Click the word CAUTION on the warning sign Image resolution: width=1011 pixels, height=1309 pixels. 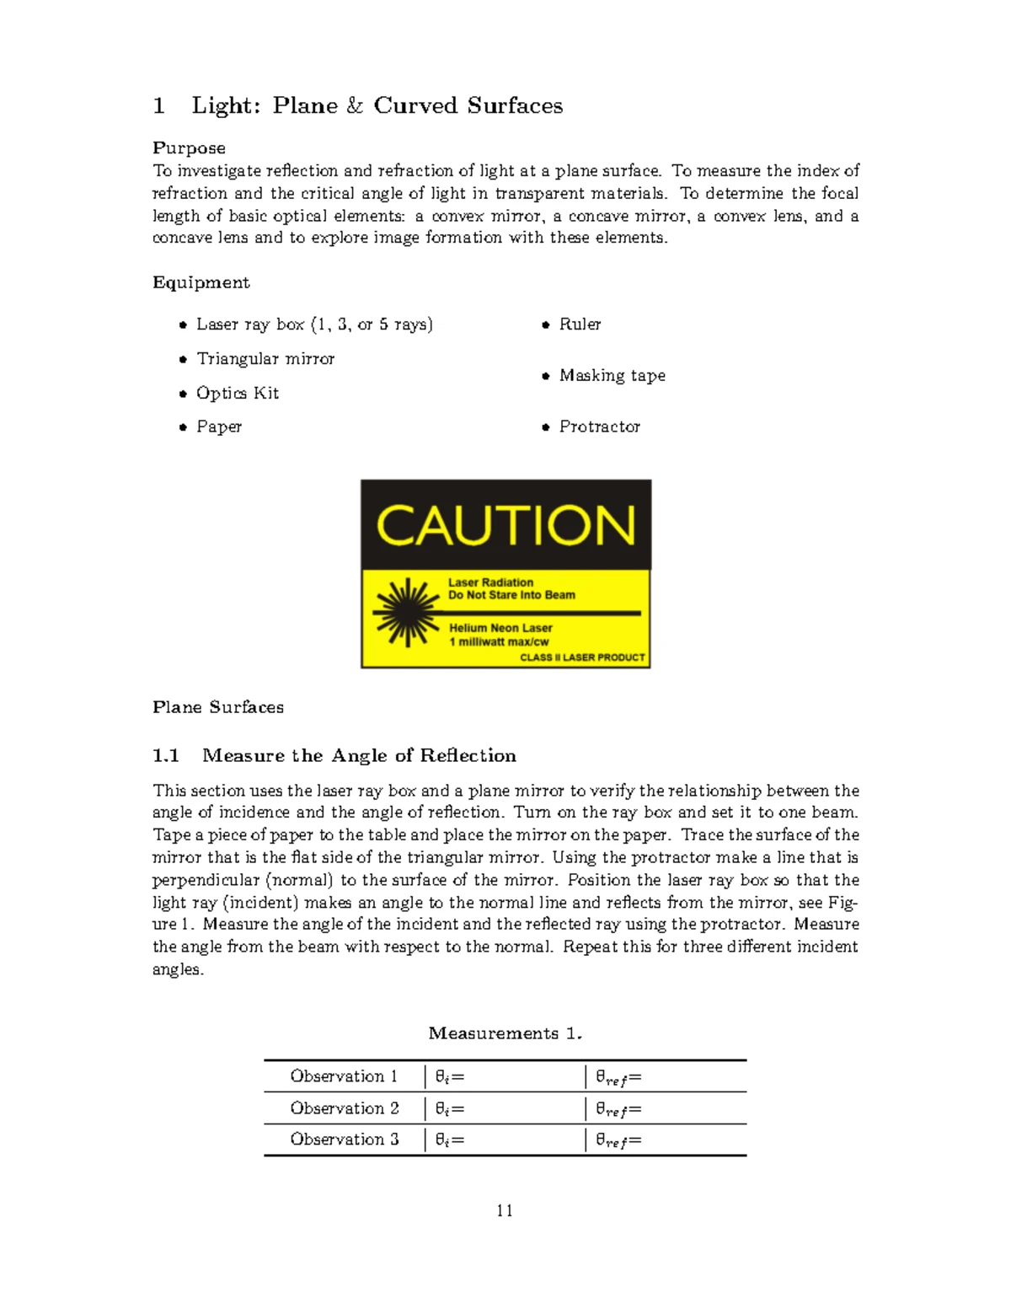click(505, 526)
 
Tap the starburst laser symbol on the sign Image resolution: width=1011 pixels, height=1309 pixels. click(408, 613)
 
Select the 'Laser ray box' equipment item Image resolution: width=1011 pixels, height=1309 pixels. click(313, 325)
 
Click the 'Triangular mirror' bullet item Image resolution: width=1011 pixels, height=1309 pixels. click(265, 359)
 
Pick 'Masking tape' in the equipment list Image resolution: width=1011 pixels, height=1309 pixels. click(612, 376)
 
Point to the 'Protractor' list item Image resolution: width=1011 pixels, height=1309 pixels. click(599, 427)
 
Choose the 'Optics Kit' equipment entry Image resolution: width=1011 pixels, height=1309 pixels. click(237, 394)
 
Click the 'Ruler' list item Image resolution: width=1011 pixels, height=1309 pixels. click(580, 325)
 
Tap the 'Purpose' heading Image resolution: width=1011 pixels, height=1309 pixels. click(189, 148)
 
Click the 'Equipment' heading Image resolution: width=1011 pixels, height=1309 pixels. click(201, 282)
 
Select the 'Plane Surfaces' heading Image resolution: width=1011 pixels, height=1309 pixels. click(217, 707)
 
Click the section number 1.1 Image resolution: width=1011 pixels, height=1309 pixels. click(166, 756)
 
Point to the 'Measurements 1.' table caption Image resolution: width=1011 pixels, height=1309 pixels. click(505, 1033)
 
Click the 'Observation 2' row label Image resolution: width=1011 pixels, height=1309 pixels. click(344, 1108)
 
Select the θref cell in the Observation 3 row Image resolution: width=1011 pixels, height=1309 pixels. click(618, 1140)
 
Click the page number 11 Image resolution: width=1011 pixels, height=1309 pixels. click(505, 1211)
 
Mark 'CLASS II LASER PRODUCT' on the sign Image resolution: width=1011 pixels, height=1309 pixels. click(582, 657)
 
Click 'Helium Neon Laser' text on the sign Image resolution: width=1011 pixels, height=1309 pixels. click(500, 628)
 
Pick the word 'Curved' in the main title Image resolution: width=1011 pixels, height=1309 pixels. click(415, 106)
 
